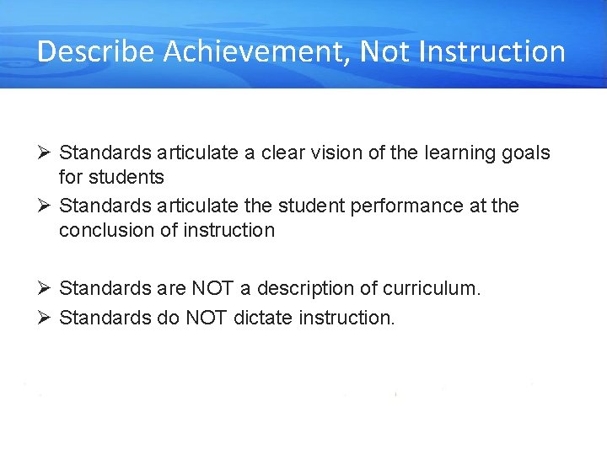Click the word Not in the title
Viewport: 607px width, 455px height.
pos(384,52)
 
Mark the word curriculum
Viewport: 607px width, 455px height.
pos(432,288)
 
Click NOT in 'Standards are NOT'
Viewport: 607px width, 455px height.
pos(214,288)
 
